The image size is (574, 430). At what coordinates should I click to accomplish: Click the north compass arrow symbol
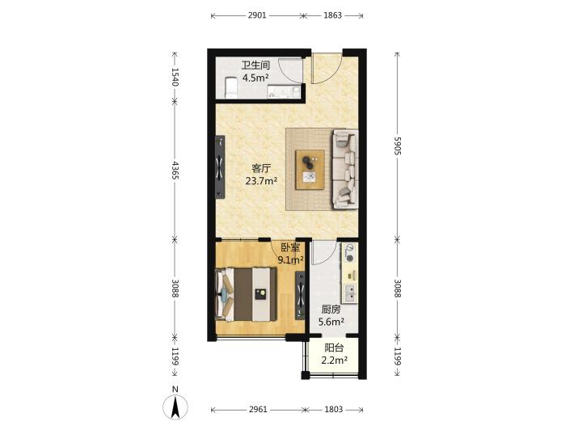[175, 407]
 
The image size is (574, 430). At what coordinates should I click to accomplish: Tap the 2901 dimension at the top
[257, 15]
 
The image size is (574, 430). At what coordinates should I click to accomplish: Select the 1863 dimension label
[332, 15]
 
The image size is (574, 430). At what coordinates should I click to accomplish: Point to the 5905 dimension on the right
[398, 145]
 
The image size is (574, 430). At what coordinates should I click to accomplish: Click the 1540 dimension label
[175, 77]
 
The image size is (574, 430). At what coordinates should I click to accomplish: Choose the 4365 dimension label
[175, 171]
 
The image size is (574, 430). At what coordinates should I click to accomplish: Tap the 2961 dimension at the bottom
[258, 409]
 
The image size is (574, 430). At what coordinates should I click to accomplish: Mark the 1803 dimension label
[334, 409]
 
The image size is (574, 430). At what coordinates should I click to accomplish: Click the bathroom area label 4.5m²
[255, 78]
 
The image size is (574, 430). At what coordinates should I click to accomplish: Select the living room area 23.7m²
[261, 181]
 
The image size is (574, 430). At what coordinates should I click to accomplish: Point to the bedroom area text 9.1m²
[290, 260]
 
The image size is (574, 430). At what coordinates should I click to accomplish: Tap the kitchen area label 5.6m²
[331, 322]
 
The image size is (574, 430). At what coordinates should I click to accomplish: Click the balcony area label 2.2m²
[334, 360]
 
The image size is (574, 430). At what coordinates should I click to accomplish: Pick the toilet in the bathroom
[230, 87]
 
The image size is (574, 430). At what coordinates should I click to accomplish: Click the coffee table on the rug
[310, 170]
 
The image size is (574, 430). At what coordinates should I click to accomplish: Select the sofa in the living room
[345, 169]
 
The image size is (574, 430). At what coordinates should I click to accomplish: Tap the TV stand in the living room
[220, 167]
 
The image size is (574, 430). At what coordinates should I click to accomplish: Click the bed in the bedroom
[246, 294]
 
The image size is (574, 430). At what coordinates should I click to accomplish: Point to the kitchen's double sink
[350, 293]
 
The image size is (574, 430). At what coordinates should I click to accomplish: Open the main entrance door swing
[327, 70]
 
